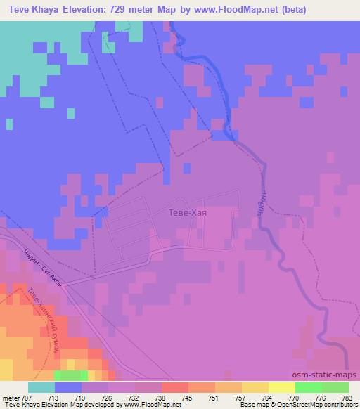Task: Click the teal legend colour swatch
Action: coord(41,387)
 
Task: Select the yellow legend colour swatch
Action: coord(281,387)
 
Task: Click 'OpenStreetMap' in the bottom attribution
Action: coord(296,404)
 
